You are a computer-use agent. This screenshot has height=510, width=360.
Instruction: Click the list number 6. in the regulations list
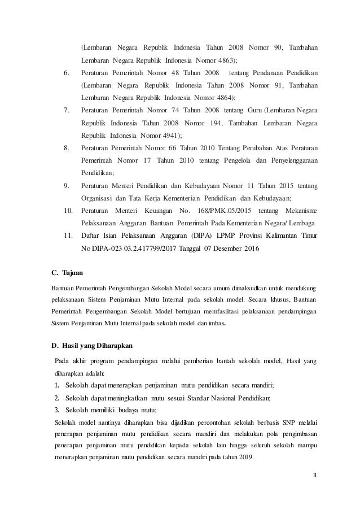click(x=67, y=73)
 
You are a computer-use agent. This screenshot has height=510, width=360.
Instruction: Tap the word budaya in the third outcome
click(x=121, y=409)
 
